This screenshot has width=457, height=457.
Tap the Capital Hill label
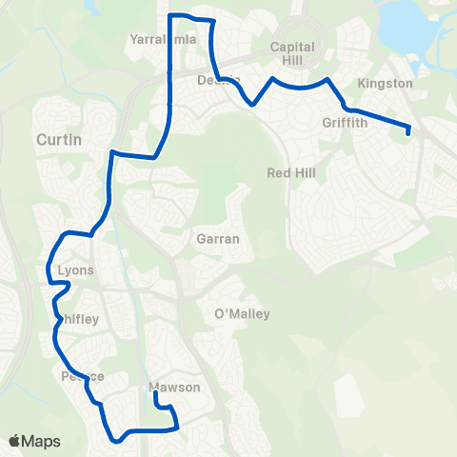(x=292, y=53)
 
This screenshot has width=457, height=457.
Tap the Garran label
(x=217, y=239)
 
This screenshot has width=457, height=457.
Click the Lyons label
(x=76, y=270)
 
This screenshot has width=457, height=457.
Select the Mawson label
(x=175, y=387)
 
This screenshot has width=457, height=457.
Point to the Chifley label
(x=76, y=321)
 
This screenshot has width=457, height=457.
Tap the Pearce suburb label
(x=83, y=376)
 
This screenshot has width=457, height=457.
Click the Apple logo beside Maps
(x=14, y=441)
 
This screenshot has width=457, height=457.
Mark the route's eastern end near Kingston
(x=408, y=132)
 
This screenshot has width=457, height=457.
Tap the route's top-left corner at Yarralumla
(x=170, y=16)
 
